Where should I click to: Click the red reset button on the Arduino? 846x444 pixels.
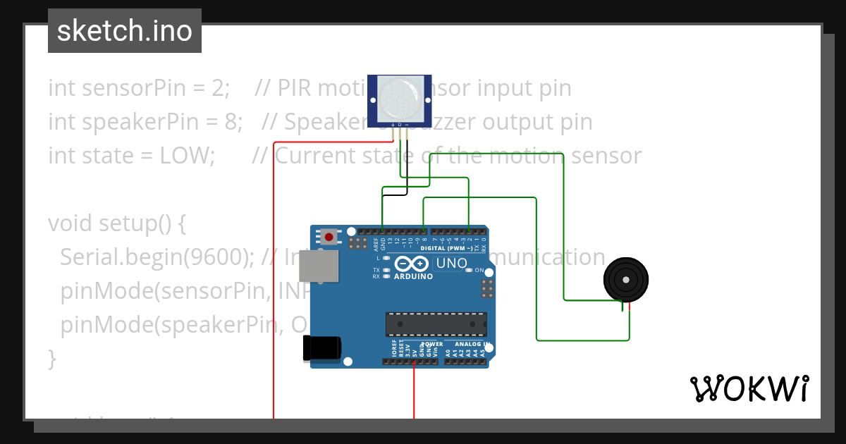pos(328,236)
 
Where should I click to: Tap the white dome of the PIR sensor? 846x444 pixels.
pos(399,97)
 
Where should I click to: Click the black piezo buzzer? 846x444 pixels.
pos(625,280)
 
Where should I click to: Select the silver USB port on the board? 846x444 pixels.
pos(317,266)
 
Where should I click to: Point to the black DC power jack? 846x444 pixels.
pos(321,349)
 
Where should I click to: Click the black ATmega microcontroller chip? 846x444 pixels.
pos(436,324)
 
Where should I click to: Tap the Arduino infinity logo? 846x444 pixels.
pos(411,264)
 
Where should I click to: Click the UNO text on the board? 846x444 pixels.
pos(451,264)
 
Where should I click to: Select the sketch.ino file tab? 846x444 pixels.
pos(125,31)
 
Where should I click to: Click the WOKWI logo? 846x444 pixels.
pos(749,388)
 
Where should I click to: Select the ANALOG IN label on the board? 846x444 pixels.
pos(470,344)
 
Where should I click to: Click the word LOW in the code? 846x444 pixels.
pos(192,155)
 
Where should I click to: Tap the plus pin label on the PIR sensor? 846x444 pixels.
pos(393,125)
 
